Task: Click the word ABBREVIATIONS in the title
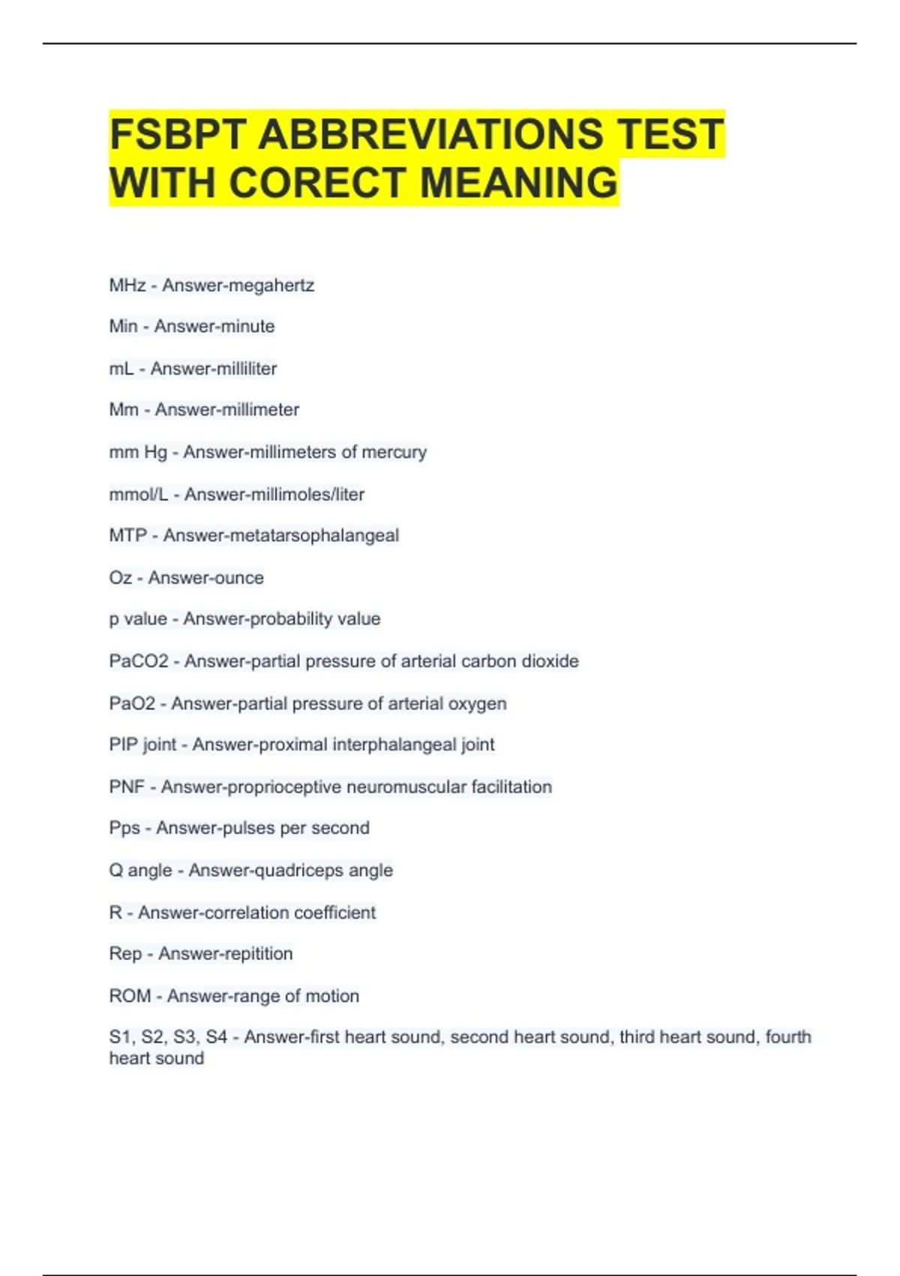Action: click(430, 134)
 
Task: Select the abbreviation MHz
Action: click(127, 285)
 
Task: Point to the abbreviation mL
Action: click(121, 369)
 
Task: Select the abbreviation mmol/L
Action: click(138, 494)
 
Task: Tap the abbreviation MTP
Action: click(128, 535)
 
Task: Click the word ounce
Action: click(235, 578)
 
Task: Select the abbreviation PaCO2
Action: click(139, 661)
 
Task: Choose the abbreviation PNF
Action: click(127, 787)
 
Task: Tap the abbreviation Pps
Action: click(124, 828)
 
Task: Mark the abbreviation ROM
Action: click(130, 996)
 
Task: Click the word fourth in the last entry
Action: click(787, 1037)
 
